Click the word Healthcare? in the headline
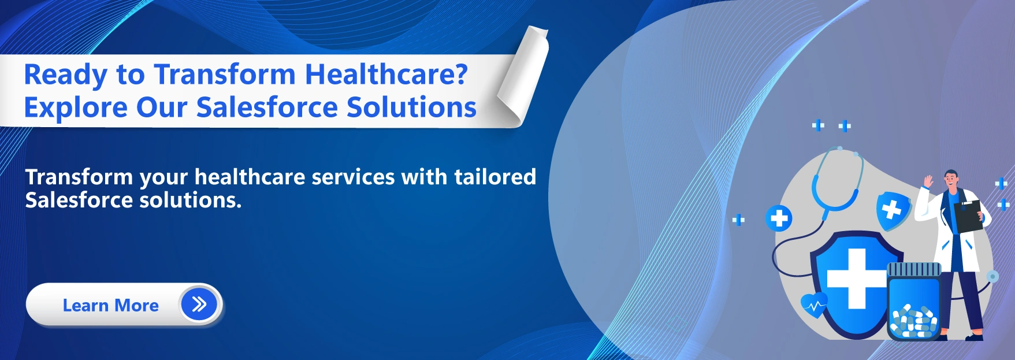coord(386,75)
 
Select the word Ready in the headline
coord(65,75)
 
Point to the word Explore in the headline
coord(75,107)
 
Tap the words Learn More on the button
coord(110,305)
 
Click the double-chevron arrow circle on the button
coord(199,304)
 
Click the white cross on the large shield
coord(856,279)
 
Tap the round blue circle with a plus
coord(779,218)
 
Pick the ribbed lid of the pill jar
coord(914,269)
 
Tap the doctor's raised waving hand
coord(928,180)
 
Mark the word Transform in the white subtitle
coord(79,177)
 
